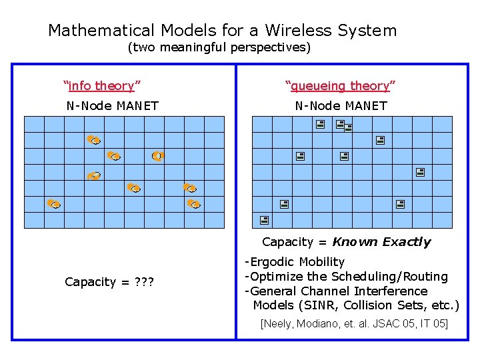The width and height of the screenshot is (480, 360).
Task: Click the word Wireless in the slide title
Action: (x=299, y=31)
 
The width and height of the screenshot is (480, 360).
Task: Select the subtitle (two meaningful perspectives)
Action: (x=219, y=48)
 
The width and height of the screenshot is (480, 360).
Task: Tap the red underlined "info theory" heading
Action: (x=101, y=85)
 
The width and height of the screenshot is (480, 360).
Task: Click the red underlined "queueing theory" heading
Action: (x=340, y=85)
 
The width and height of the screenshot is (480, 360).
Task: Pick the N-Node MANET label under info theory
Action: (x=112, y=105)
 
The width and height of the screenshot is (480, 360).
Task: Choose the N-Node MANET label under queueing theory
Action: (x=341, y=105)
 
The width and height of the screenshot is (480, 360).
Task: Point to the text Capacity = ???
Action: (x=109, y=282)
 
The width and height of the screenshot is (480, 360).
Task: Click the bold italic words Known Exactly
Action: (x=381, y=242)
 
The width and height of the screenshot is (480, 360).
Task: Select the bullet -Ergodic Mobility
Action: (x=295, y=262)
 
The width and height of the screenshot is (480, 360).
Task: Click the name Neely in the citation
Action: (x=281, y=324)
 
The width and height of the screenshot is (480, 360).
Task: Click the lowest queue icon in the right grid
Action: (x=264, y=219)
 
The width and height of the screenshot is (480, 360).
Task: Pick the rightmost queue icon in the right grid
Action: (x=420, y=171)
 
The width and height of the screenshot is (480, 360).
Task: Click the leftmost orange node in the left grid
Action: (x=54, y=203)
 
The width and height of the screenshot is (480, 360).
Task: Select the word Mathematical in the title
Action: (x=101, y=31)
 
